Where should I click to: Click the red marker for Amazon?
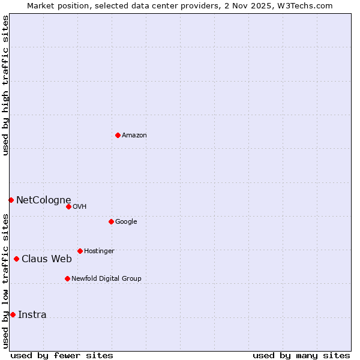pos(118,135)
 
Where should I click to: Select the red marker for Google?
pos(111,221)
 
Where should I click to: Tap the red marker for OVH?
pos(68,206)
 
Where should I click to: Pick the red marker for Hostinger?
pos(80,251)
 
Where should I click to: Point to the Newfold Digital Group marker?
pos(67,278)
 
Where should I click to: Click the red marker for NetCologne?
pos(11,200)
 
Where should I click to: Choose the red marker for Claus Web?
pos(16,259)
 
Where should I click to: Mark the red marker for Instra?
pos(13,314)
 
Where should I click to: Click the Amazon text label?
pos(134,136)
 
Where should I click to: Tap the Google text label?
pos(126,222)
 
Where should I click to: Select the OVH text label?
pos(80,207)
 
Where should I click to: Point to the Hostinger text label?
pos(99,251)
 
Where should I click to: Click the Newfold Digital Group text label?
pos(106,279)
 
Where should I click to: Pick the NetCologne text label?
pos(43,200)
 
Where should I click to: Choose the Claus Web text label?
pos(47,259)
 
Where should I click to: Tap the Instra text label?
pos(32,315)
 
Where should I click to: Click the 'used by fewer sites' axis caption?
pos(62,355)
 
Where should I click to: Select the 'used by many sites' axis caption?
pos(301,355)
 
